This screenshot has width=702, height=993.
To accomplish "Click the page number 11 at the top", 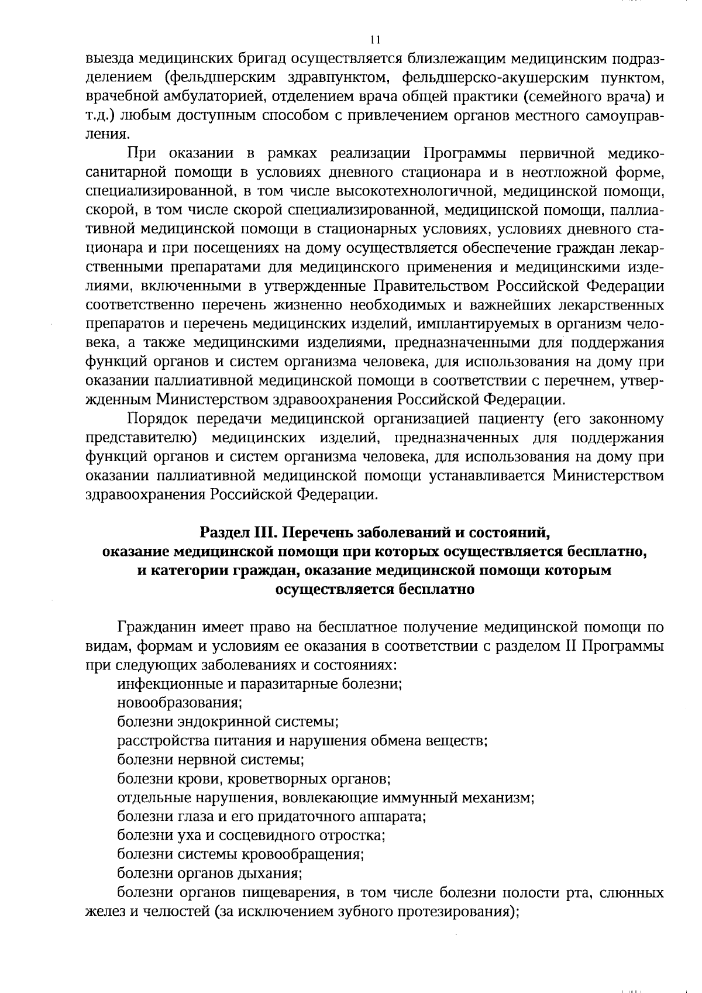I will click(x=375, y=40).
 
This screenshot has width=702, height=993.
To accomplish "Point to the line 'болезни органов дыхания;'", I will click(x=209, y=874).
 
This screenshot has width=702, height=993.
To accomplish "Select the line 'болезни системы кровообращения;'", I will click(x=240, y=854).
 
